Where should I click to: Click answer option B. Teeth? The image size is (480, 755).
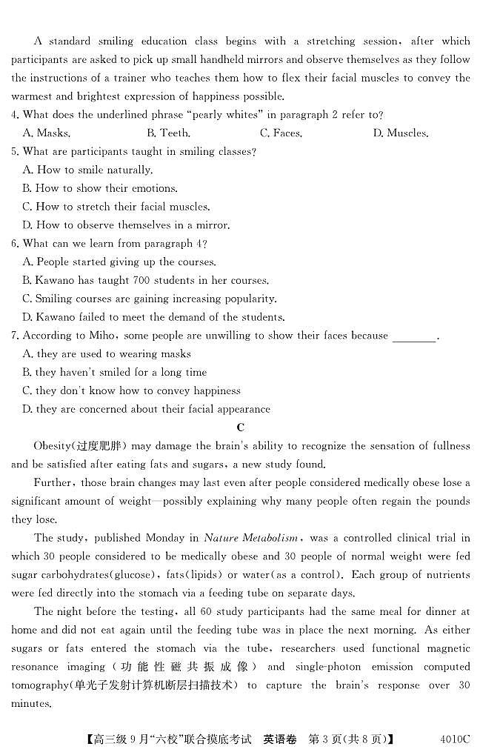[168, 133]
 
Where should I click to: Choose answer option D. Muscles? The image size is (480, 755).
[400, 133]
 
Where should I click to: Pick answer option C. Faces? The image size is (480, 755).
[281, 133]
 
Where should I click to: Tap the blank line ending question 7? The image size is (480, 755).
[413, 336]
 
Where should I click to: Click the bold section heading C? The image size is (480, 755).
[239, 428]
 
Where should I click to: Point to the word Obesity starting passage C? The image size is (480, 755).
[52, 446]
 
